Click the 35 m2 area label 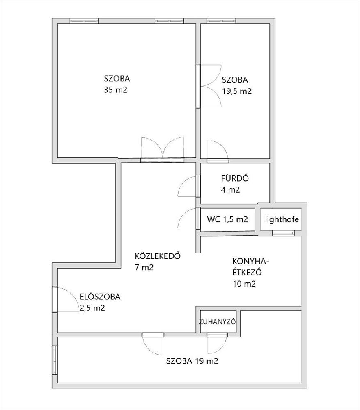(x=115, y=90)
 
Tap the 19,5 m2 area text (x=237, y=91)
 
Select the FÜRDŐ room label (x=235, y=178)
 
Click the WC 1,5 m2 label (x=227, y=219)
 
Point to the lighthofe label (x=282, y=219)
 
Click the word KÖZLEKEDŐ (x=158, y=256)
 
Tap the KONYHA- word (x=251, y=261)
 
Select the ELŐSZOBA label (x=100, y=296)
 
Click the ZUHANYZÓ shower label (x=217, y=322)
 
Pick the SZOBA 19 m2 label (x=192, y=361)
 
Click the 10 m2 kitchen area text (x=244, y=284)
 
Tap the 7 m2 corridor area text (x=144, y=267)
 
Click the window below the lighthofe (x=283, y=233)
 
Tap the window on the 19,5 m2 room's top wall (x=221, y=21)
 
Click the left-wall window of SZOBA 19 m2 (x=55, y=360)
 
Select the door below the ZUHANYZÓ (x=217, y=343)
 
